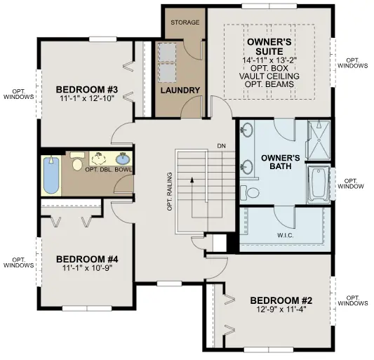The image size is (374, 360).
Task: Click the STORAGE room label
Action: (185, 22)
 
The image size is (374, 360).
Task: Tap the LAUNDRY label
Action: (180, 91)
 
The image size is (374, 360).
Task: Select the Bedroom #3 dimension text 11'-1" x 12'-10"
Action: (87, 98)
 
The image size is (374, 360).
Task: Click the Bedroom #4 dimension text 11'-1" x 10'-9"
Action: (87, 268)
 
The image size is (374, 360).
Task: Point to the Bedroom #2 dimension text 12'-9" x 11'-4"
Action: (281, 309)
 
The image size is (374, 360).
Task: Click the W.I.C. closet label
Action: (286, 236)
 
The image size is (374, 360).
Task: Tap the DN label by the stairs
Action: (221, 146)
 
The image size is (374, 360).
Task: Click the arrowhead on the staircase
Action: (192, 180)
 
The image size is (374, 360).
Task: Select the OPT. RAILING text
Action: (170, 192)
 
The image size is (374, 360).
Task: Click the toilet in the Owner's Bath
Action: (250, 192)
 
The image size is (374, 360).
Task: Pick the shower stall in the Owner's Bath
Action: (319, 140)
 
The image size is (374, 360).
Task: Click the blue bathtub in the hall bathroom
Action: (51, 175)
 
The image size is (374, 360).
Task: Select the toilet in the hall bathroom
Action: (76, 161)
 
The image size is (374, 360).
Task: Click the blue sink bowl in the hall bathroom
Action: (123, 158)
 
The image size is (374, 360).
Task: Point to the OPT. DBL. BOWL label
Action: (108, 170)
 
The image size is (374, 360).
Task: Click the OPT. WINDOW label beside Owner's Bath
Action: (351, 183)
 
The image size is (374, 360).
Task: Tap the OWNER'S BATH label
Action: (280, 161)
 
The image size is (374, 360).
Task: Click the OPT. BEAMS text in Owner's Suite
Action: (269, 84)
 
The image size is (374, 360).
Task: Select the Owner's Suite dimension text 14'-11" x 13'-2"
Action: (269, 60)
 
